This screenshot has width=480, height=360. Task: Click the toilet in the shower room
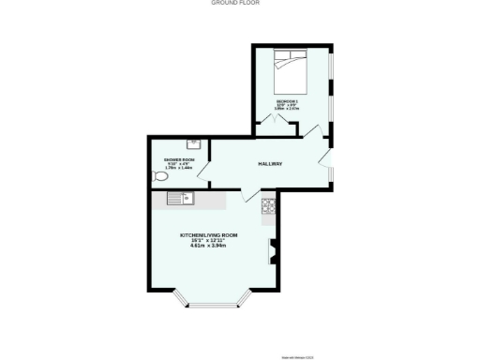coord(160,176)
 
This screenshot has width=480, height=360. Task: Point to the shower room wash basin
coord(193,144)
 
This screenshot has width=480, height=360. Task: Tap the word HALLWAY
coord(270,164)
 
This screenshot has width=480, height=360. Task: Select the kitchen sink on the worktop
coord(179,198)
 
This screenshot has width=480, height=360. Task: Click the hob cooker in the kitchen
coord(269,205)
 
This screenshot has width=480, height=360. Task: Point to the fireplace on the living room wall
coord(273,249)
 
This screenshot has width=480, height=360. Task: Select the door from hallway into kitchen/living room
coord(252,195)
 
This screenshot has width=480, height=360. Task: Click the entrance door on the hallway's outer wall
coord(326,155)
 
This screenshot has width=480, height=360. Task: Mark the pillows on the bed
coord(287,55)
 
